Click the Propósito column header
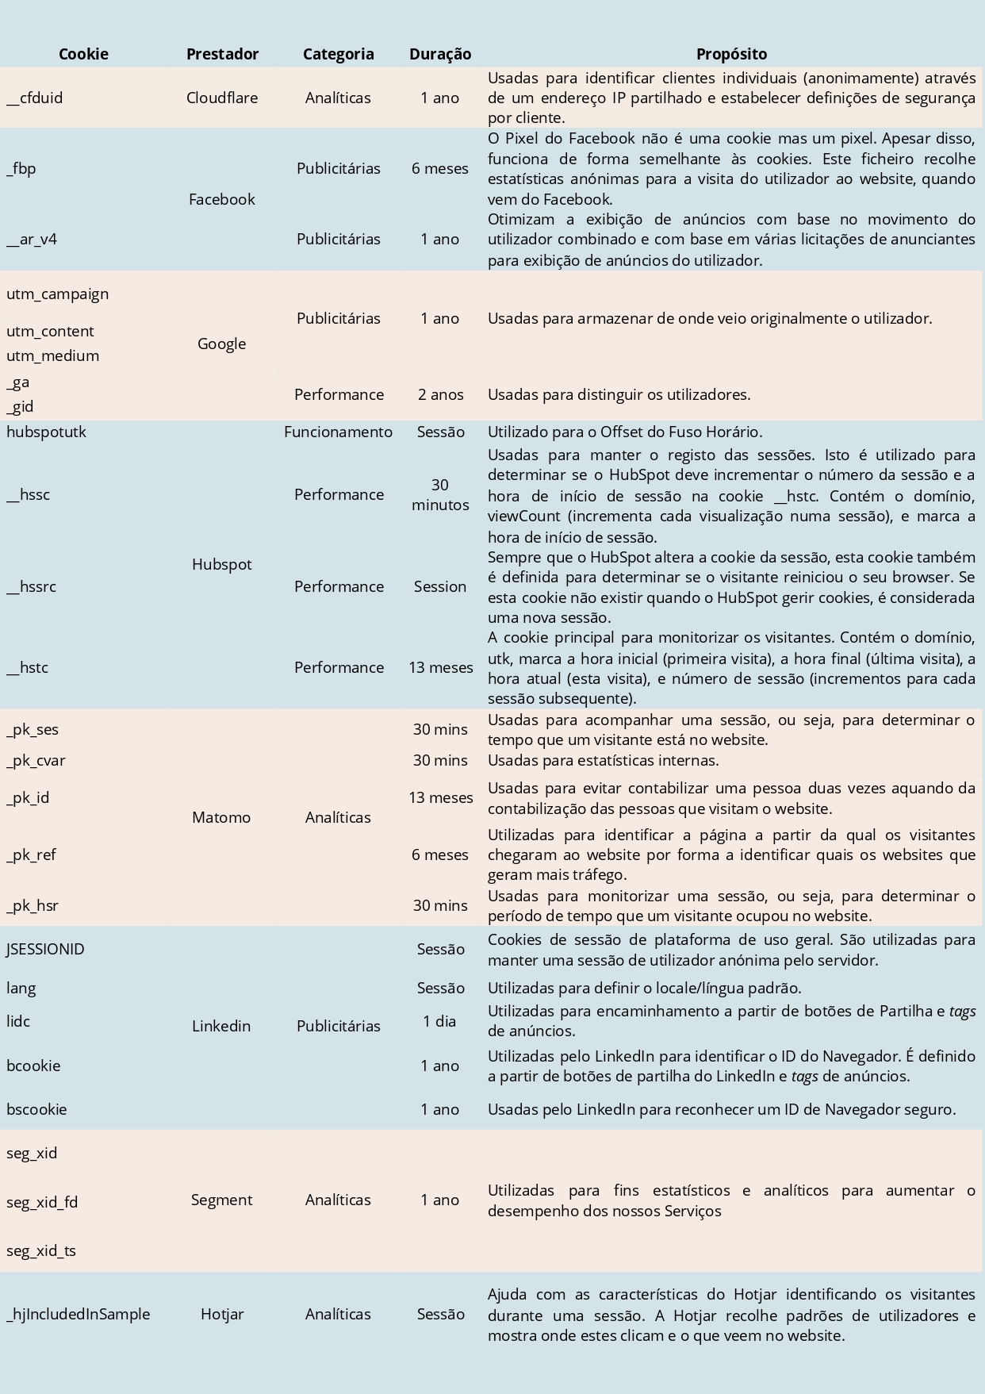click(x=731, y=54)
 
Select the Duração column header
click(x=440, y=54)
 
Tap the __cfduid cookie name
click(x=35, y=98)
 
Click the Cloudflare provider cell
click(x=222, y=98)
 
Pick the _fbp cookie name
click(x=21, y=168)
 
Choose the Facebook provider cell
click(x=222, y=199)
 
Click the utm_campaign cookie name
click(x=57, y=294)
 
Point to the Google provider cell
click(x=222, y=344)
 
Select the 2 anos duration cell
click(x=440, y=394)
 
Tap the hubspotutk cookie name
click(x=46, y=432)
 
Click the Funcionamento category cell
click(x=338, y=432)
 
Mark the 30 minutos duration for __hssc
click(x=440, y=494)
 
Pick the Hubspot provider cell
click(x=222, y=564)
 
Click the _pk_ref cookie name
click(x=31, y=854)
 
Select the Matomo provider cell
click(x=221, y=817)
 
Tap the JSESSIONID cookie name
click(x=45, y=949)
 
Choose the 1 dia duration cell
click(x=440, y=1021)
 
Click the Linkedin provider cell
click(x=221, y=1026)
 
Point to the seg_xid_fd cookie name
click(x=42, y=1202)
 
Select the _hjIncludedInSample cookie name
click(x=78, y=1314)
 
